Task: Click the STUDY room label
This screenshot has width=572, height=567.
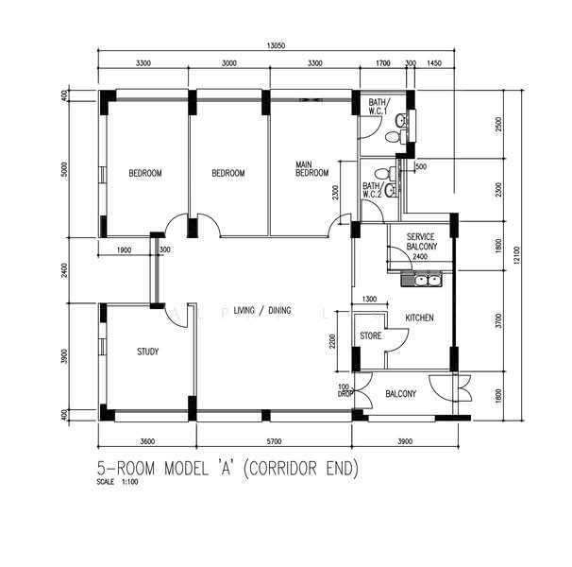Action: point(148,352)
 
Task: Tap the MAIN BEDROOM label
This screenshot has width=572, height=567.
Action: point(311,169)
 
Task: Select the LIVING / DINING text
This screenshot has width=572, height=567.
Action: point(262,311)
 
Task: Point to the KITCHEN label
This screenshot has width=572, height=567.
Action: point(419,318)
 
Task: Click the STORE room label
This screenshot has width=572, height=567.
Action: point(371,335)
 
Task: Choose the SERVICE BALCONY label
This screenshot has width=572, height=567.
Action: point(421,242)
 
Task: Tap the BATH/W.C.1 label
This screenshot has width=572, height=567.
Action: point(379,107)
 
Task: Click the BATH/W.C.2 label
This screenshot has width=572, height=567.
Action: point(372,190)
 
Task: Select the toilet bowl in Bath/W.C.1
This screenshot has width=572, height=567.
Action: point(393,137)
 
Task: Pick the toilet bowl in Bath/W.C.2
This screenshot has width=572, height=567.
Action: point(382,172)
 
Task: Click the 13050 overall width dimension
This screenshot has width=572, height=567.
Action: point(276,45)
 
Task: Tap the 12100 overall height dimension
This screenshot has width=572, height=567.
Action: point(517,256)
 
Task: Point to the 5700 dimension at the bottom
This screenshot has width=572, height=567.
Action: point(274,441)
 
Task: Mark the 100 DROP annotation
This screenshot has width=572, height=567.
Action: point(344,390)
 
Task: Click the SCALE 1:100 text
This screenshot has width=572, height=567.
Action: point(117,482)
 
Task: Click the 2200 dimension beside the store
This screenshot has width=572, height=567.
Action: point(332,341)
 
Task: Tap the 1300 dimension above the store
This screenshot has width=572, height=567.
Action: point(369,300)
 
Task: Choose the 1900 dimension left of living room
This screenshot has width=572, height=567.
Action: point(124,250)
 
